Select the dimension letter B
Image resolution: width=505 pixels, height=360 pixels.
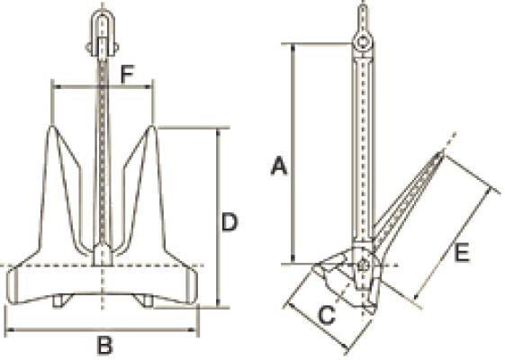(104, 344)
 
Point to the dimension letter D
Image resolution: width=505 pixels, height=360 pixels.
(230, 221)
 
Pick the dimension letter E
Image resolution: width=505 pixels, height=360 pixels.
(460, 255)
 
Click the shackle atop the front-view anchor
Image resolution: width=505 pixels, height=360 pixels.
(104, 30)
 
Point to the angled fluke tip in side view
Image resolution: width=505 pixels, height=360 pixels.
(440, 158)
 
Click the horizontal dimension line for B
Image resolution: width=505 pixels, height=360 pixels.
(54, 330)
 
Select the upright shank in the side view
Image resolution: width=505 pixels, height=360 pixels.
(362, 144)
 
